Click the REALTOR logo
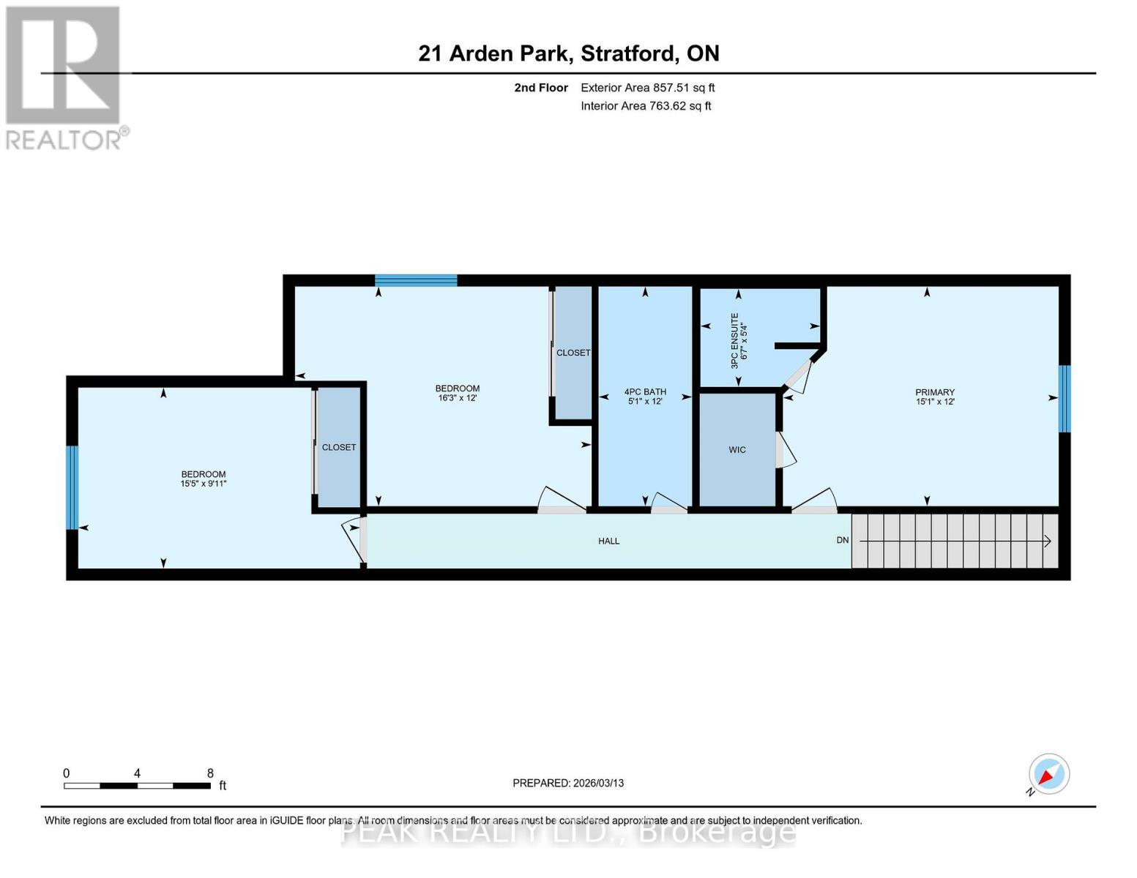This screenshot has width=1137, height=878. pos(65,78)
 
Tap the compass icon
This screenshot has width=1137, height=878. pos(1048,774)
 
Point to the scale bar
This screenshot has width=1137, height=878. pos(137,785)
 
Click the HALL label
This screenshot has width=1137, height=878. pos(608,541)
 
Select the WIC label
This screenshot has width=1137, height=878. pos(737,450)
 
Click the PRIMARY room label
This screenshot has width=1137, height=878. pos(934,392)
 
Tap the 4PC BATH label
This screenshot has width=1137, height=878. pos(645,391)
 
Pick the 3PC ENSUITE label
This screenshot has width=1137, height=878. pos(734,340)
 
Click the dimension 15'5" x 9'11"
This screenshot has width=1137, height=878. pos(203,484)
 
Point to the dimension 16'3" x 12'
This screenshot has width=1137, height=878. pos(458,398)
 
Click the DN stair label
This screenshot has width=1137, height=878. pos(843,540)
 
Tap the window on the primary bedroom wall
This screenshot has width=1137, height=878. pos(1065,399)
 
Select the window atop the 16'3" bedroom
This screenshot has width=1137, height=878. pos(416,280)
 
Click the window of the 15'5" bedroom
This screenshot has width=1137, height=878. pos(72,487)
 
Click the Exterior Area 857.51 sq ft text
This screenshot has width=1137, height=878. pos(647,88)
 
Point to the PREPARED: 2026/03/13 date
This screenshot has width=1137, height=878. pos(568,783)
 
